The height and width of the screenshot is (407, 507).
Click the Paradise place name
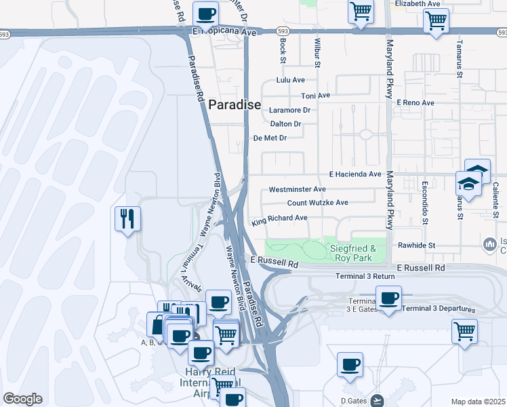pos(234,104)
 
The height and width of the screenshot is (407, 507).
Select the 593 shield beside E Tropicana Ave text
pos(283,31)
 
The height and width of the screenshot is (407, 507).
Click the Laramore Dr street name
pos(289,110)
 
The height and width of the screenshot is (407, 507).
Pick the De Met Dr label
pos(270,138)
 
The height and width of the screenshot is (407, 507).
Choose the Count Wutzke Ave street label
pos(317,203)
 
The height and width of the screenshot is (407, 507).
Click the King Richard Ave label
pos(279,218)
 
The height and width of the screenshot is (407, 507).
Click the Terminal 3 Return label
pos(365,276)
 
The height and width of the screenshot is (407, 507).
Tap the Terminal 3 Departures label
pos(438,309)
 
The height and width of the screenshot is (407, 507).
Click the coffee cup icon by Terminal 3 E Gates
pos(388,298)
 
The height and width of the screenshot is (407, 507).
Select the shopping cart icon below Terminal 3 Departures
pos(464,332)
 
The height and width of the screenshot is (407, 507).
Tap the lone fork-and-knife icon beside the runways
pos(127,218)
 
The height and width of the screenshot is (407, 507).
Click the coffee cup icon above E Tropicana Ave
pos(206,14)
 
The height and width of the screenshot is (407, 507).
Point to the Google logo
pos(22,399)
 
